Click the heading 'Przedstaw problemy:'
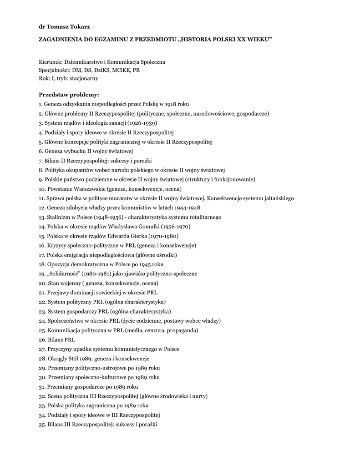click(66, 95)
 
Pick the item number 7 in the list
click(41, 161)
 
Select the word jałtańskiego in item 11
click(279, 198)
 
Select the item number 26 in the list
click(42, 339)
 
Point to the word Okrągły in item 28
click(57, 359)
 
